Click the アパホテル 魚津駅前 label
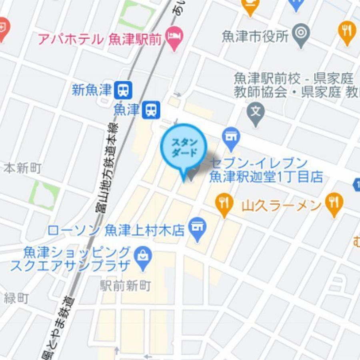pyautogui.click(x=100, y=39)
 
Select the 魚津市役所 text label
pyautogui.click(x=255, y=37)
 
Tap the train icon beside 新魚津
pyautogui.click(x=123, y=90)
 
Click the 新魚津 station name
pyautogui.click(x=92, y=90)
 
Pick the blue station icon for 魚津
pyautogui.click(x=151, y=110)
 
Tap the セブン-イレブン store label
pyautogui.click(x=266, y=170)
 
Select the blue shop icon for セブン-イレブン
pyautogui.click(x=231, y=137)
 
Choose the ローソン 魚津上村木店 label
pyautogui.click(x=116, y=230)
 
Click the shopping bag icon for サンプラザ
pyautogui.click(x=142, y=255)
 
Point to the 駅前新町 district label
pyautogui.click(x=126, y=286)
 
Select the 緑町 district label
pyautogui.click(x=16, y=298)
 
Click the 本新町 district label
pyautogui.click(x=23, y=168)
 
